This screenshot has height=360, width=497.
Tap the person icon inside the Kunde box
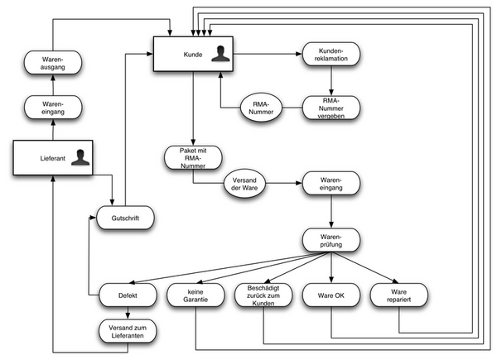pyautogui.click(x=218, y=55)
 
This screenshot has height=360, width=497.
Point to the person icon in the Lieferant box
pyautogui.click(x=80, y=157)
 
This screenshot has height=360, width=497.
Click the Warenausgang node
pyautogui.click(x=53, y=63)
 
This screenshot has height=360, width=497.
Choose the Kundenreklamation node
pyautogui.click(x=331, y=55)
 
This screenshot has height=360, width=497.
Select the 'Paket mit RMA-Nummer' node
pyautogui.click(x=192, y=157)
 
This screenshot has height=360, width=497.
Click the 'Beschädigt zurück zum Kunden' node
pyautogui.click(x=263, y=295)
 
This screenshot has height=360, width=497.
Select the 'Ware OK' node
pyautogui.click(x=331, y=295)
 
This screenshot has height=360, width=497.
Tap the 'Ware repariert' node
pyautogui.click(x=398, y=295)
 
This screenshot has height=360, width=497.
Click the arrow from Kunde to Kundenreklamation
pyautogui.click(x=265, y=55)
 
